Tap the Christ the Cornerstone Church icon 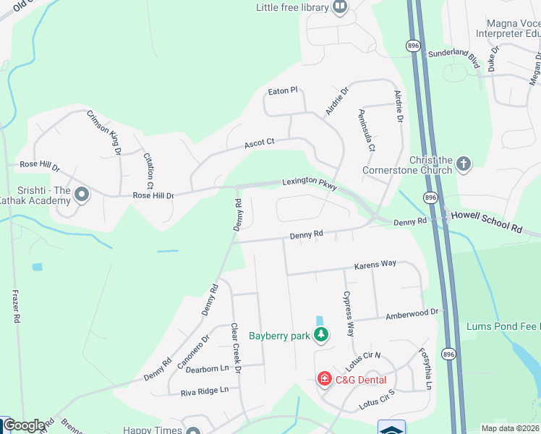pos(464,165)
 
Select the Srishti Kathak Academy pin pos(82,194)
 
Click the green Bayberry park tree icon pos(320,335)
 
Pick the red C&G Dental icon pos(325,379)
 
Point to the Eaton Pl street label pos(283,90)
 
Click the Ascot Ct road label pos(260,142)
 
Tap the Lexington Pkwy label pos(310,185)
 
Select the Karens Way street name pos(375,265)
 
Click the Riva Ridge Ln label pos(205,390)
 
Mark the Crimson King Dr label pos(104,130)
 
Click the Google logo pos(24,425)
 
